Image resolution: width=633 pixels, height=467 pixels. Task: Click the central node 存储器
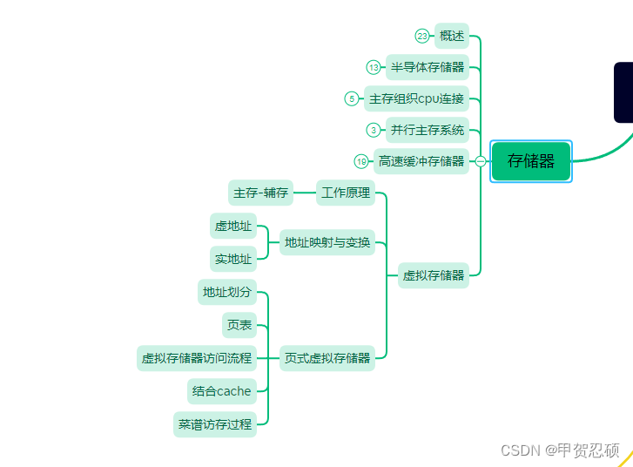pos(531,161)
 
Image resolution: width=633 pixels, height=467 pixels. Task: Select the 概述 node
pos(452,36)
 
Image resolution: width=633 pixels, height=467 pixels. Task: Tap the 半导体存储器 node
pos(428,67)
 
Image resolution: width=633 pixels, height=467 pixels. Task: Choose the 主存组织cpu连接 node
pos(416,98)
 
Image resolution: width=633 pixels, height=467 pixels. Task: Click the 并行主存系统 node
pos(428,130)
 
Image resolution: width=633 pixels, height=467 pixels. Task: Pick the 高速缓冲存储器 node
pos(421,161)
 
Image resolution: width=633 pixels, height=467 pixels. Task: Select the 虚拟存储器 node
pos(434,275)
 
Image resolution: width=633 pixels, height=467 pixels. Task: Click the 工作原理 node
pos(346,193)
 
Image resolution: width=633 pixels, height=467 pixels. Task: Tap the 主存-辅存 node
pos(260,193)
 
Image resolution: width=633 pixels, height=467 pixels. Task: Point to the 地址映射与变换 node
pos(327,242)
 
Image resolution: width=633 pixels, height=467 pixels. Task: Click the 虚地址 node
pos(233,226)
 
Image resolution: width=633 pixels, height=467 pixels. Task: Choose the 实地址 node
pos(233,259)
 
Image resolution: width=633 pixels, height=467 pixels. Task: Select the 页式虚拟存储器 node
pos(327,357)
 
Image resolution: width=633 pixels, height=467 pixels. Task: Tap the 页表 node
pos(239,325)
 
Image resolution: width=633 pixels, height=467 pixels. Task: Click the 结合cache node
pos(222,391)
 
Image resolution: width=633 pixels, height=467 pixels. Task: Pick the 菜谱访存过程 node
pos(215,424)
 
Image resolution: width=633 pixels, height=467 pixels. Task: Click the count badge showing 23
pos(422,36)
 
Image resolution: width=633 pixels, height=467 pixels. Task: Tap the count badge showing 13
pos(374,67)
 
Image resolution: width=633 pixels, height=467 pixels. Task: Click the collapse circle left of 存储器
pos(481,161)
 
